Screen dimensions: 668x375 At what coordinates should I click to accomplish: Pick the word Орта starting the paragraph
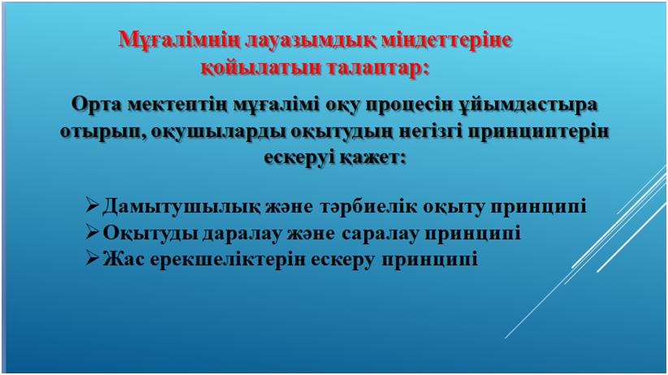pyautogui.click(x=96, y=104)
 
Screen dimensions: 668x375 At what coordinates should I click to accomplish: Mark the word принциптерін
pyautogui.click(x=538, y=131)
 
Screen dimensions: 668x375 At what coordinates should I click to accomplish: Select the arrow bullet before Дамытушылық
pyautogui.click(x=93, y=205)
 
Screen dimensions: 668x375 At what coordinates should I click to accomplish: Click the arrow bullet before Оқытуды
pyautogui.click(x=93, y=231)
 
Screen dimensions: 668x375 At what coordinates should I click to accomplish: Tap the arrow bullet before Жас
pyautogui.click(x=93, y=258)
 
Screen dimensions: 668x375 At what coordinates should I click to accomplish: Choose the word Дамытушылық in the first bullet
pyautogui.click(x=181, y=206)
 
